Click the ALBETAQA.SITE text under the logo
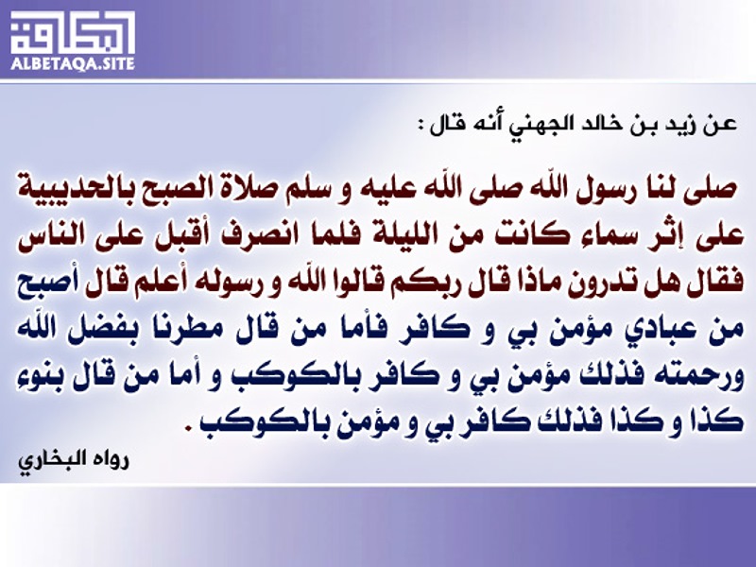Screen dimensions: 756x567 coord(73,64)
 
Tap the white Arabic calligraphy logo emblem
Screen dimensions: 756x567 coord(73,32)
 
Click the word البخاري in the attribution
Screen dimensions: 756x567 coord(51,460)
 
